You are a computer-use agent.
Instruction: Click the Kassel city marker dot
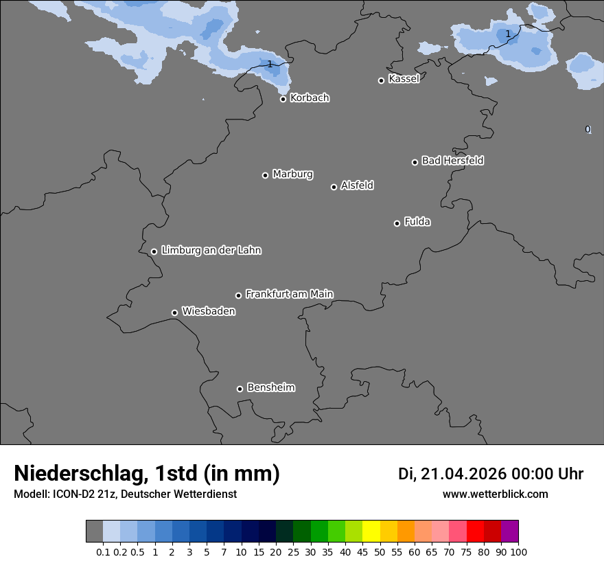pyautogui.click(x=382, y=80)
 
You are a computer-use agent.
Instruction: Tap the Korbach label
pyautogui.click(x=310, y=98)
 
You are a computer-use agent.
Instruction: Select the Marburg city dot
pyautogui.click(x=265, y=175)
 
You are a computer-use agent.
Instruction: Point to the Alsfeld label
pyautogui.click(x=357, y=185)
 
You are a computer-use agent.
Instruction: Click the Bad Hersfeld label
pyautogui.click(x=452, y=161)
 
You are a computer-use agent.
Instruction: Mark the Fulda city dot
pyautogui.click(x=397, y=223)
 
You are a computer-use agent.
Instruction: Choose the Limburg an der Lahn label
pyautogui.click(x=211, y=250)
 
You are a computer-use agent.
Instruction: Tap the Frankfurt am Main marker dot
pyautogui.click(x=239, y=296)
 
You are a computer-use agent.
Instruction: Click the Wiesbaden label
pyautogui.click(x=209, y=311)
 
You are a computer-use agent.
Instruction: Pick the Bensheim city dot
pyautogui.click(x=240, y=389)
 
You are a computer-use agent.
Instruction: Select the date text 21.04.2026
pyautogui.click(x=463, y=474)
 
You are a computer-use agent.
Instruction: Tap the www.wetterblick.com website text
pyautogui.click(x=496, y=494)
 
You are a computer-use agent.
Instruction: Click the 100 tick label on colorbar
pyautogui.click(x=519, y=551)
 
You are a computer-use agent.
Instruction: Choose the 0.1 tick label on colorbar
pyautogui.click(x=103, y=551)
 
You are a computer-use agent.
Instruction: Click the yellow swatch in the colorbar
pyautogui.click(x=371, y=532)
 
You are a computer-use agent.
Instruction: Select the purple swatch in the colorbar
pyautogui.click(x=510, y=532)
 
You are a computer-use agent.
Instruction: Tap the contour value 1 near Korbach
pyautogui.click(x=270, y=64)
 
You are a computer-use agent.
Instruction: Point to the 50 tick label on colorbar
pyautogui.click(x=380, y=551)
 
